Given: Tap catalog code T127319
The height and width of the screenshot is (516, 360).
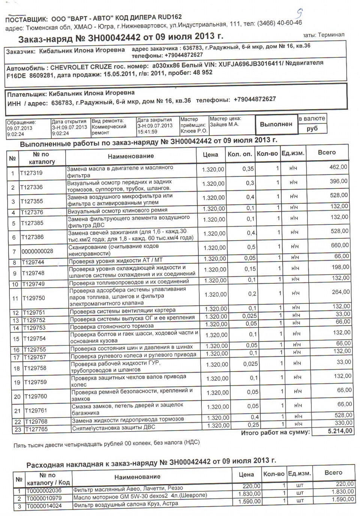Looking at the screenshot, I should click(x=31, y=173).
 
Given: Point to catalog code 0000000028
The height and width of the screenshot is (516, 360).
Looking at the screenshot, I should click(x=37, y=251).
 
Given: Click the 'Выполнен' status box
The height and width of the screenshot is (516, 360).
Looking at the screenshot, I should click(x=276, y=124).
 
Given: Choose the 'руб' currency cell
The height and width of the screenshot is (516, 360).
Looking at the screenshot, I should click(x=312, y=128).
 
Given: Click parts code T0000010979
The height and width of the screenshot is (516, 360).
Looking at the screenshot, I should click(x=43, y=498).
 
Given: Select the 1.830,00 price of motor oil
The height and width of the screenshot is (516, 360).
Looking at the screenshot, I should click(x=249, y=493).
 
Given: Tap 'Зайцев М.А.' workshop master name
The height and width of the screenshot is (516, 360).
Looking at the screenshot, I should click(x=224, y=124).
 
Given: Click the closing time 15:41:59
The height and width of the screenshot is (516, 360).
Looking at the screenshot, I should click(x=147, y=132).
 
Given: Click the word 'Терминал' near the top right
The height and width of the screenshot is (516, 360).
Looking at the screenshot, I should click(x=331, y=35).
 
